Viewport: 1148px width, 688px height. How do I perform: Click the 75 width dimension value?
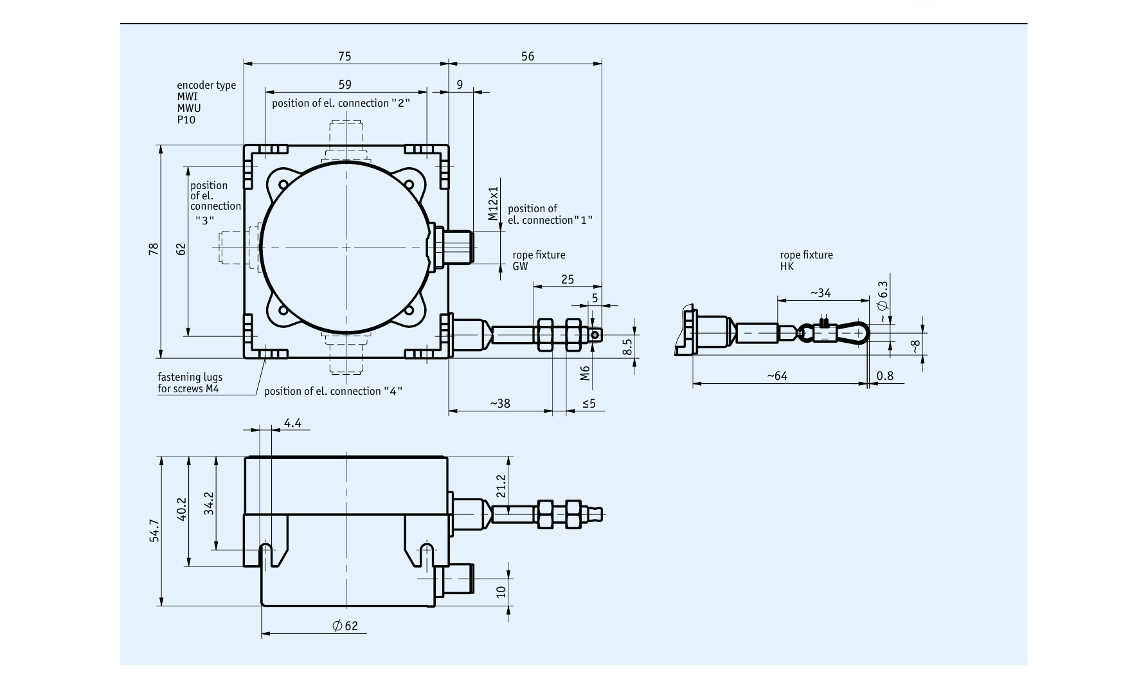click(345, 57)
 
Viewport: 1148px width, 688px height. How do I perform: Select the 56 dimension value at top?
click(527, 57)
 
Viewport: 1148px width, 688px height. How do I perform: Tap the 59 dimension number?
click(345, 84)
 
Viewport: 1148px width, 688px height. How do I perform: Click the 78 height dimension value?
click(154, 249)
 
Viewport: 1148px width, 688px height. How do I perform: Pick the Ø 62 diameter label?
click(345, 626)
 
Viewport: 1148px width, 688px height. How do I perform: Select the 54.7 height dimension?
click(154, 531)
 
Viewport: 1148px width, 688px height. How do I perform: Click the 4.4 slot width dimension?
click(292, 423)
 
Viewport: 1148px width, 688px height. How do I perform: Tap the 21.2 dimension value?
click(502, 486)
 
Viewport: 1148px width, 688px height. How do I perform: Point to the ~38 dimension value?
click(500, 404)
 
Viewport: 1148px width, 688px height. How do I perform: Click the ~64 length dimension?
click(776, 376)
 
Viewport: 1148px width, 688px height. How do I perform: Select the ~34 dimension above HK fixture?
click(820, 293)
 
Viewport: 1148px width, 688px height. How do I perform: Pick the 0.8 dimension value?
click(885, 376)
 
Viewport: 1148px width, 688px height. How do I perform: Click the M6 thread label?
click(585, 373)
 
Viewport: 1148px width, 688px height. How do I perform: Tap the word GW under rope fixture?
click(520, 266)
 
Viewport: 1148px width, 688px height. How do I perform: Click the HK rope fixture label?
click(787, 266)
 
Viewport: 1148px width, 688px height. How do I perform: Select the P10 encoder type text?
click(186, 120)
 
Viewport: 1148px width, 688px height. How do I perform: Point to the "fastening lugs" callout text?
click(190, 377)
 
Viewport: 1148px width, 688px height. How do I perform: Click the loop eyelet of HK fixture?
click(857, 333)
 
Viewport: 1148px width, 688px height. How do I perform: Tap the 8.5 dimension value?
click(628, 347)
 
